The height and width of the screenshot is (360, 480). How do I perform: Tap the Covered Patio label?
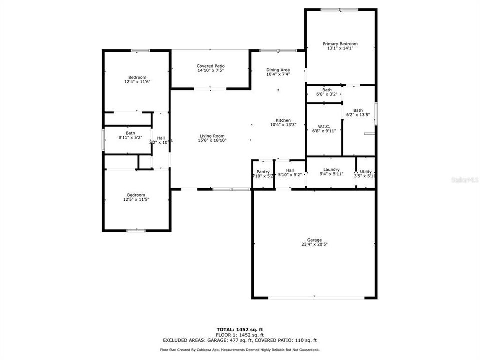[x=210, y=66]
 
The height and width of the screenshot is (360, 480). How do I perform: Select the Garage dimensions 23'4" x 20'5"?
[x=314, y=244]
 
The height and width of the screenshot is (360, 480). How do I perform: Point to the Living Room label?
[x=212, y=136]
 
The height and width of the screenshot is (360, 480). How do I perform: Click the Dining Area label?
[x=278, y=70]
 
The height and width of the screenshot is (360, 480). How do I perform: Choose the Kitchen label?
[x=283, y=120]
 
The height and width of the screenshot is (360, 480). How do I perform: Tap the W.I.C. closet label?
[x=324, y=126]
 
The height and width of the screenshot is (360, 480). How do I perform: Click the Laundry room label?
[x=331, y=170]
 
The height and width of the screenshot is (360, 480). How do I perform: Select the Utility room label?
[x=366, y=172]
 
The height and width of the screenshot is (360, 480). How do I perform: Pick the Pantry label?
[x=263, y=172]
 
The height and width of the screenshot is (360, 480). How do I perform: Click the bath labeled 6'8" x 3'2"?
[x=327, y=90]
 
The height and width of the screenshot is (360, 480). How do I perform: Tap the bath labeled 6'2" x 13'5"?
[x=358, y=110]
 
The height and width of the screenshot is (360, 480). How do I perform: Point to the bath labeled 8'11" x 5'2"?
[x=130, y=133]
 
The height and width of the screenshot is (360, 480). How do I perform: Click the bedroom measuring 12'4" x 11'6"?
[x=137, y=77]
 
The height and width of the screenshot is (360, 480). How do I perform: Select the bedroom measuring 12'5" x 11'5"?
[x=136, y=195]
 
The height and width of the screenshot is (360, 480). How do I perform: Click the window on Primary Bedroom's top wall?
[x=339, y=9]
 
